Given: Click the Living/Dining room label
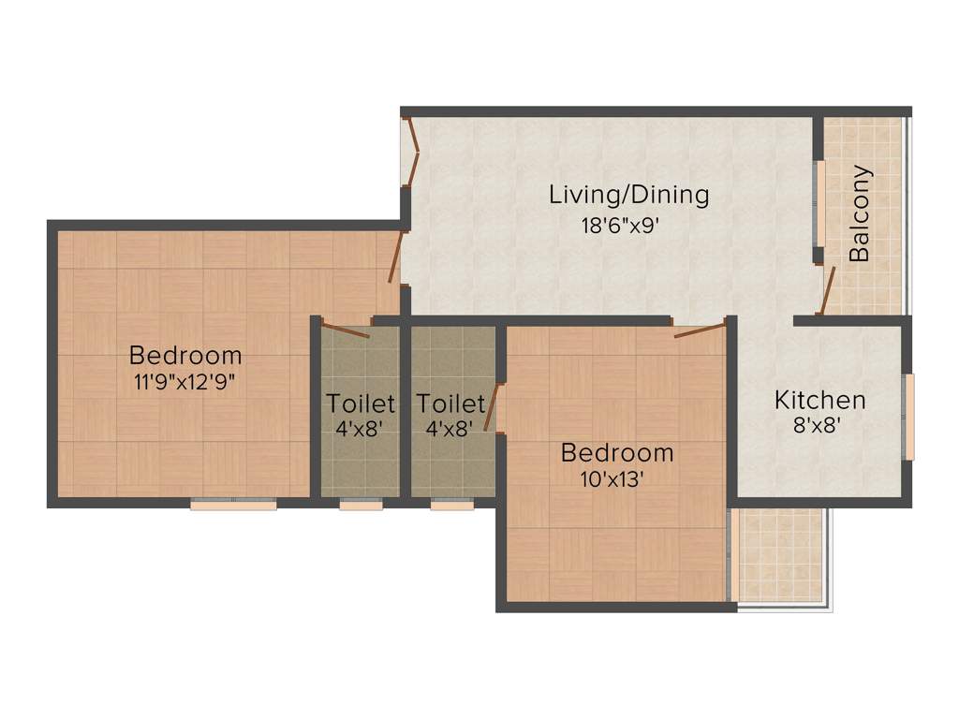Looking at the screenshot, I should [x=628, y=196].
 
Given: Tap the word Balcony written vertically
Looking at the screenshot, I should [x=860, y=213].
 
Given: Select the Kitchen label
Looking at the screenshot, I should [x=819, y=401].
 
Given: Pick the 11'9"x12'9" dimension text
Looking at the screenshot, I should [x=184, y=381].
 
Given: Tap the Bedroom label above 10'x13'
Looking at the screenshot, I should [x=616, y=453].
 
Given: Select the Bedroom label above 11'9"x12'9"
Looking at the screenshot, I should [x=184, y=356].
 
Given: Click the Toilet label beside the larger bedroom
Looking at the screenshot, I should [x=360, y=404].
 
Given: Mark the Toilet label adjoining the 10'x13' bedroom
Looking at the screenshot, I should [x=450, y=404].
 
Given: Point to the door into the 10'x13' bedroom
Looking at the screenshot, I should [x=700, y=330].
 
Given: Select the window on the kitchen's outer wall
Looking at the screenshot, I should [x=908, y=417].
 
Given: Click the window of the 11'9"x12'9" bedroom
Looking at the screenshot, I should [x=233, y=505].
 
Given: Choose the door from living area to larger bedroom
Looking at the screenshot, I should [x=396, y=257].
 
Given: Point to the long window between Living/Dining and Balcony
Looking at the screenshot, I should [x=819, y=203].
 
